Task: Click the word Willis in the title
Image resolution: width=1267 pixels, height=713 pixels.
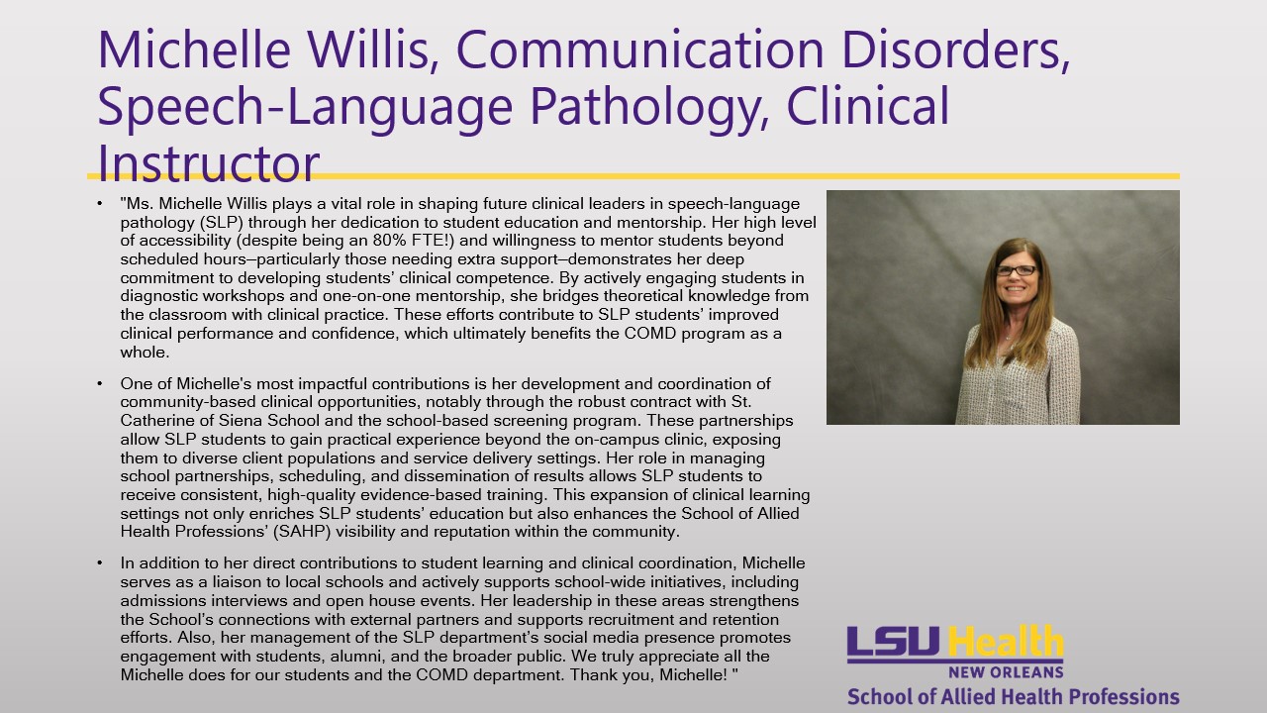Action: click(x=373, y=50)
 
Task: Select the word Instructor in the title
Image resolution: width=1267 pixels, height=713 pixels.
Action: click(x=209, y=164)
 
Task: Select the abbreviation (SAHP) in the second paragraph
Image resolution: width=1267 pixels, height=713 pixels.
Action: click(x=302, y=532)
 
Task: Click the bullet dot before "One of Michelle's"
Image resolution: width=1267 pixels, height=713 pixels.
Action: click(x=100, y=383)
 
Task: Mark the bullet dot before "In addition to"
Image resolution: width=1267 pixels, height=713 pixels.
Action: click(x=100, y=563)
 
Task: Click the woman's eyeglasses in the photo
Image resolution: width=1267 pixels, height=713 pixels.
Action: click(x=1016, y=271)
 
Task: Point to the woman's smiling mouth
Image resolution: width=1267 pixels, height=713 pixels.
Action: click(x=1016, y=290)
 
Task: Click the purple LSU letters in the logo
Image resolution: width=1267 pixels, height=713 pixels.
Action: click(x=893, y=642)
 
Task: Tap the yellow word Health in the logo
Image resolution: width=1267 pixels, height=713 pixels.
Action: click(x=1005, y=642)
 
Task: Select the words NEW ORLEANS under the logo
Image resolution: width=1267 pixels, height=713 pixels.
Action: click(x=1006, y=672)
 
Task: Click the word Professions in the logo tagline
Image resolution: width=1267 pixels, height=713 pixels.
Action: click(x=1125, y=696)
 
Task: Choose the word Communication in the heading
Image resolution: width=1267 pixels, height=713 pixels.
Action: click(x=639, y=50)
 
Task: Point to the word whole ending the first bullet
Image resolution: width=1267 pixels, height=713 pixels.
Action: click(x=144, y=352)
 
